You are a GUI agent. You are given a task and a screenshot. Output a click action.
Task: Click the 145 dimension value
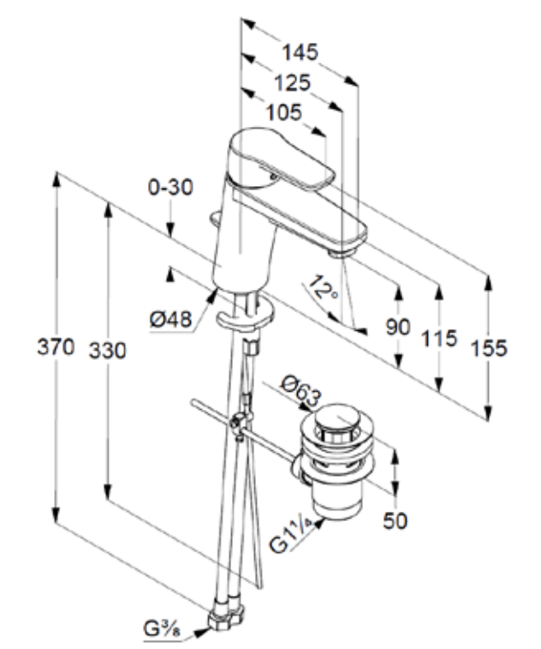301,52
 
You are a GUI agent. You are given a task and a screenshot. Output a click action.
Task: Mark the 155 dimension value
488,347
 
